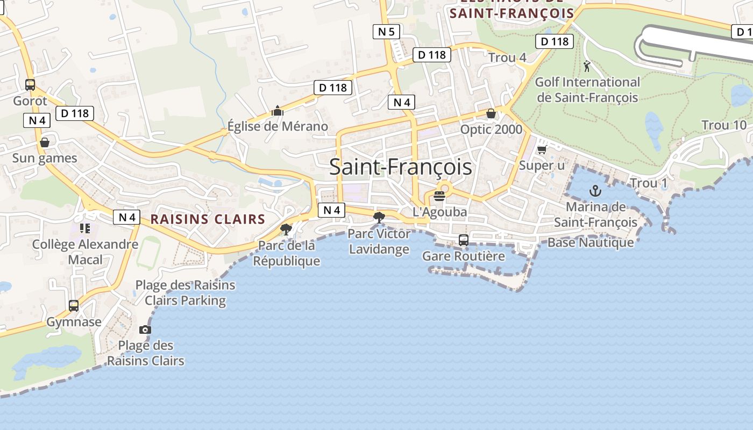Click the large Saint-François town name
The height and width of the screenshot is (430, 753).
pos(401,167)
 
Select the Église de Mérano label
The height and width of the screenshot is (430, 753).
pos(278,126)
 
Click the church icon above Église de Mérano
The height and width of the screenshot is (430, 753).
pos(278,111)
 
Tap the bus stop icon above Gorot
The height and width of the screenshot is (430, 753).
pos(30,85)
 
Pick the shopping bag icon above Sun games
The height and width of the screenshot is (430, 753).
pos(45,142)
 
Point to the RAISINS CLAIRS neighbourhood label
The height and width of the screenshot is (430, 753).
pos(208,219)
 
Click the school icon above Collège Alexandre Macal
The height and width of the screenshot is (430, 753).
pos(85,228)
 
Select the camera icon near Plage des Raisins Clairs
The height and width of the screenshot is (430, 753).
pos(145,329)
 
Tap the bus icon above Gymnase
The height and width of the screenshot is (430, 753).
pos(74,306)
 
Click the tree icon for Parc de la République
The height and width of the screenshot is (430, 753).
pos(286,230)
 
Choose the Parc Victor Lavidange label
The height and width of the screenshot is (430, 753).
pos(379,241)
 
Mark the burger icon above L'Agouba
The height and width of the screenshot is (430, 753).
pos(439,196)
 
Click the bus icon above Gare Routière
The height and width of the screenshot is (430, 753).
pos(464,240)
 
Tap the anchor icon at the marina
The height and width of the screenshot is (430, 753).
pos(595,190)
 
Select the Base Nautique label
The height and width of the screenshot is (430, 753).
pos(591,242)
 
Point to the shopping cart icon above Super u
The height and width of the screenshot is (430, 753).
pos(542,149)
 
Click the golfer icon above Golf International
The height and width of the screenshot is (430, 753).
pos(587,67)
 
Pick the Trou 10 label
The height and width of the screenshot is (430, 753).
pos(724,125)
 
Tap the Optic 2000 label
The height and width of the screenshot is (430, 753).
pos(491,130)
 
